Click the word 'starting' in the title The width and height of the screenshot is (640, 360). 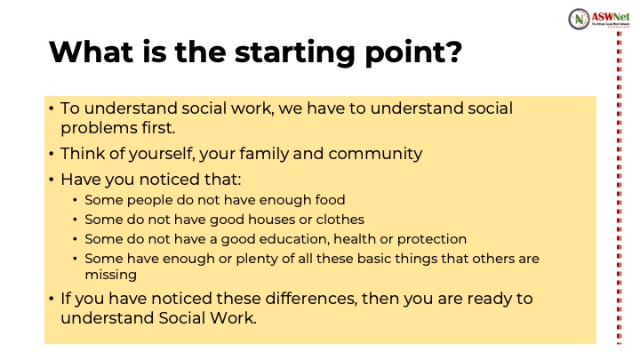coord(295,53)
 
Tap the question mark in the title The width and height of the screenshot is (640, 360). coord(453,52)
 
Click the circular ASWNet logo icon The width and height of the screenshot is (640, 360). coord(579,19)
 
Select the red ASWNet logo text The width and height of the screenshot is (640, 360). coord(611,17)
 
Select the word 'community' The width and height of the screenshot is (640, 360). coord(375,155)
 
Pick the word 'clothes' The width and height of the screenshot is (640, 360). coord(340,220)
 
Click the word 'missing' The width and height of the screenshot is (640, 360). coord(110,275)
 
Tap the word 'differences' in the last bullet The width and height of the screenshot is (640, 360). coord(311,299)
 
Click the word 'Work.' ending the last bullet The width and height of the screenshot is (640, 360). coord(233,318)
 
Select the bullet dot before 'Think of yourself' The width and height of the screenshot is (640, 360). coord(51,155)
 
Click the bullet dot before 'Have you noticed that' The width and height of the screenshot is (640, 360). coord(51,180)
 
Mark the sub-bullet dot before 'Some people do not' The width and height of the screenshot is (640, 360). coord(75,200)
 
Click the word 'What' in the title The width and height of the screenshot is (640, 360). coord(92,52)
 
